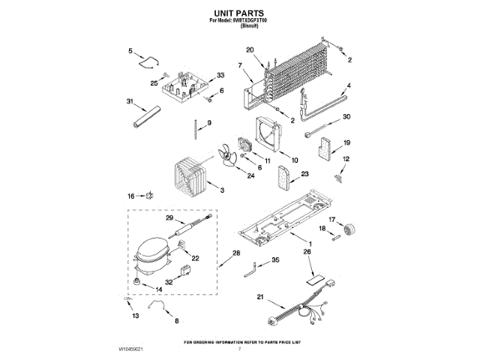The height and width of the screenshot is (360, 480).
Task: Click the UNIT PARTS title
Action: [x=238, y=13]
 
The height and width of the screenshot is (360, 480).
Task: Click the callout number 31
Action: [x=130, y=101]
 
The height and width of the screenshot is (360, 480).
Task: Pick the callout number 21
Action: [x=260, y=298]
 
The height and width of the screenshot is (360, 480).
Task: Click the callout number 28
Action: [x=236, y=253]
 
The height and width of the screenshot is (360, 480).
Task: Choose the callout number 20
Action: [x=250, y=51]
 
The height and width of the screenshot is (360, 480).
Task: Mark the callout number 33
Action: [x=220, y=75]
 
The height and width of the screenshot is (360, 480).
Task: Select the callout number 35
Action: [x=276, y=259]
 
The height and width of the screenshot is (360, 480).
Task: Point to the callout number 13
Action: [x=136, y=316]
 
